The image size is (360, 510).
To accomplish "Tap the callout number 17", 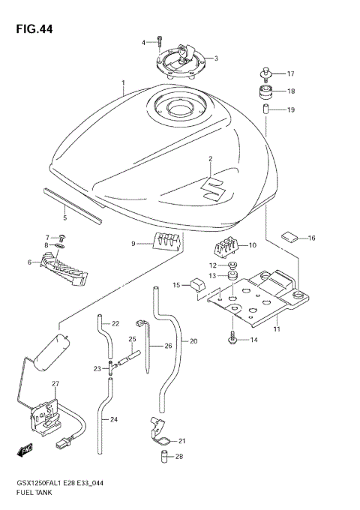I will (290, 73).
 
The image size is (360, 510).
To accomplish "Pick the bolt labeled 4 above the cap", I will (159, 42).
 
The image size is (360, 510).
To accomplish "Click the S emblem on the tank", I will (215, 187).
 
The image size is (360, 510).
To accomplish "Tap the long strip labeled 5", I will (71, 203).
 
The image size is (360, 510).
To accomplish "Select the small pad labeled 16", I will (289, 237).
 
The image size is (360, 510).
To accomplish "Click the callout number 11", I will (277, 329).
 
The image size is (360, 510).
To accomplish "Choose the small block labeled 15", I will (197, 286).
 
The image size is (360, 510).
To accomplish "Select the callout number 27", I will (55, 384).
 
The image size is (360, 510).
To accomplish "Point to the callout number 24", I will (115, 419).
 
